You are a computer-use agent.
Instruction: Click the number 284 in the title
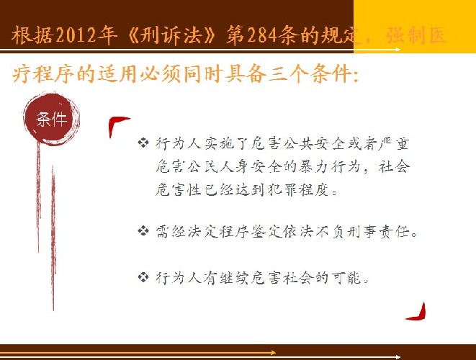(263, 35)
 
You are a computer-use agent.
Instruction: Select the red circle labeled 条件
(52, 119)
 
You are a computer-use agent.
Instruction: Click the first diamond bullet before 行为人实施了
(143, 143)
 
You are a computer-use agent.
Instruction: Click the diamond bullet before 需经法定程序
(143, 231)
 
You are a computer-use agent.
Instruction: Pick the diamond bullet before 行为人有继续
(143, 276)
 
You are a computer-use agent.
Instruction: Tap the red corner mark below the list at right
(418, 312)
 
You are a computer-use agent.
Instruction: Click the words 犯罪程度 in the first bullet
(299, 190)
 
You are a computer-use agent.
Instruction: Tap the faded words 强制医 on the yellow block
(416, 35)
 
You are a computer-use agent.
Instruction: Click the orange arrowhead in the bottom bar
(272, 352)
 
